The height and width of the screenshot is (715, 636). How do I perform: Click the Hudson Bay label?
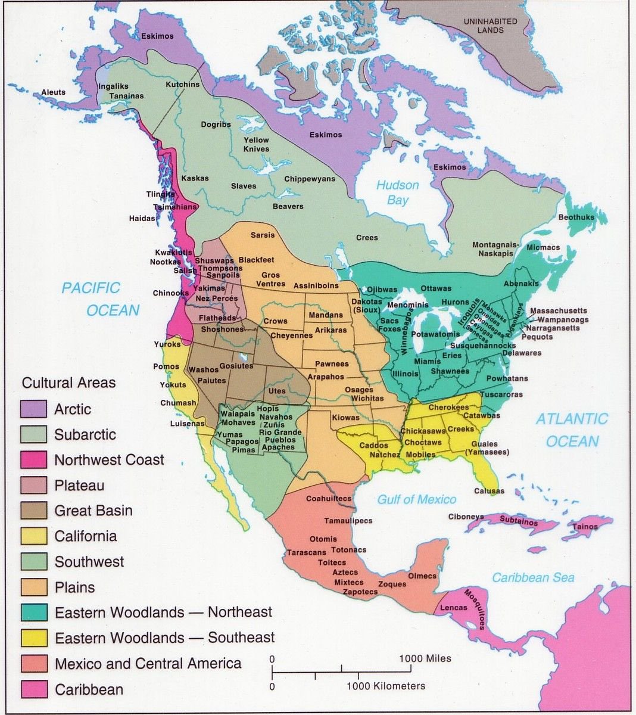[397, 192]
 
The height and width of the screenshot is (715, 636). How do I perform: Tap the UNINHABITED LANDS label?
[490, 26]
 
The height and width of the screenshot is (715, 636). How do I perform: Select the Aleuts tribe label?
[53, 92]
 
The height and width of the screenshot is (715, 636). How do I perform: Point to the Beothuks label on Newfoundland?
[576, 217]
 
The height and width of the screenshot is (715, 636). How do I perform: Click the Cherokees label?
[448, 408]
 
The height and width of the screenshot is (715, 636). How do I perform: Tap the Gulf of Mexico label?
[417, 499]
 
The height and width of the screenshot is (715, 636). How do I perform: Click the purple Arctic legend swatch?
[33, 409]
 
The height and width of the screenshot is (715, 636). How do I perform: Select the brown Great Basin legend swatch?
[33, 511]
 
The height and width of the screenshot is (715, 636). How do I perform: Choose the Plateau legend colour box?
[33, 486]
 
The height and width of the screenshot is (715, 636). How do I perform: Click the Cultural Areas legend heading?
[68, 383]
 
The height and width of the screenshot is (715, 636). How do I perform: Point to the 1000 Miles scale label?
[425, 658]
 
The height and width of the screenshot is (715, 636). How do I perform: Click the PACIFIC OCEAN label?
[101, 299]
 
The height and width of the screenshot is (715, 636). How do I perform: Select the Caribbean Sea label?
[533, 577]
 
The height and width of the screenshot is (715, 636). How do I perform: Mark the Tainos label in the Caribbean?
[585, 527]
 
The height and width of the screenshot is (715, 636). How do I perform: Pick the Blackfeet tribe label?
[256, 260]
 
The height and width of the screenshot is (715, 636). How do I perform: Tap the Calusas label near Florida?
[489, 491]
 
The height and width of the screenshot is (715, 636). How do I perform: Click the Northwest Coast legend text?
[109, 460]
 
